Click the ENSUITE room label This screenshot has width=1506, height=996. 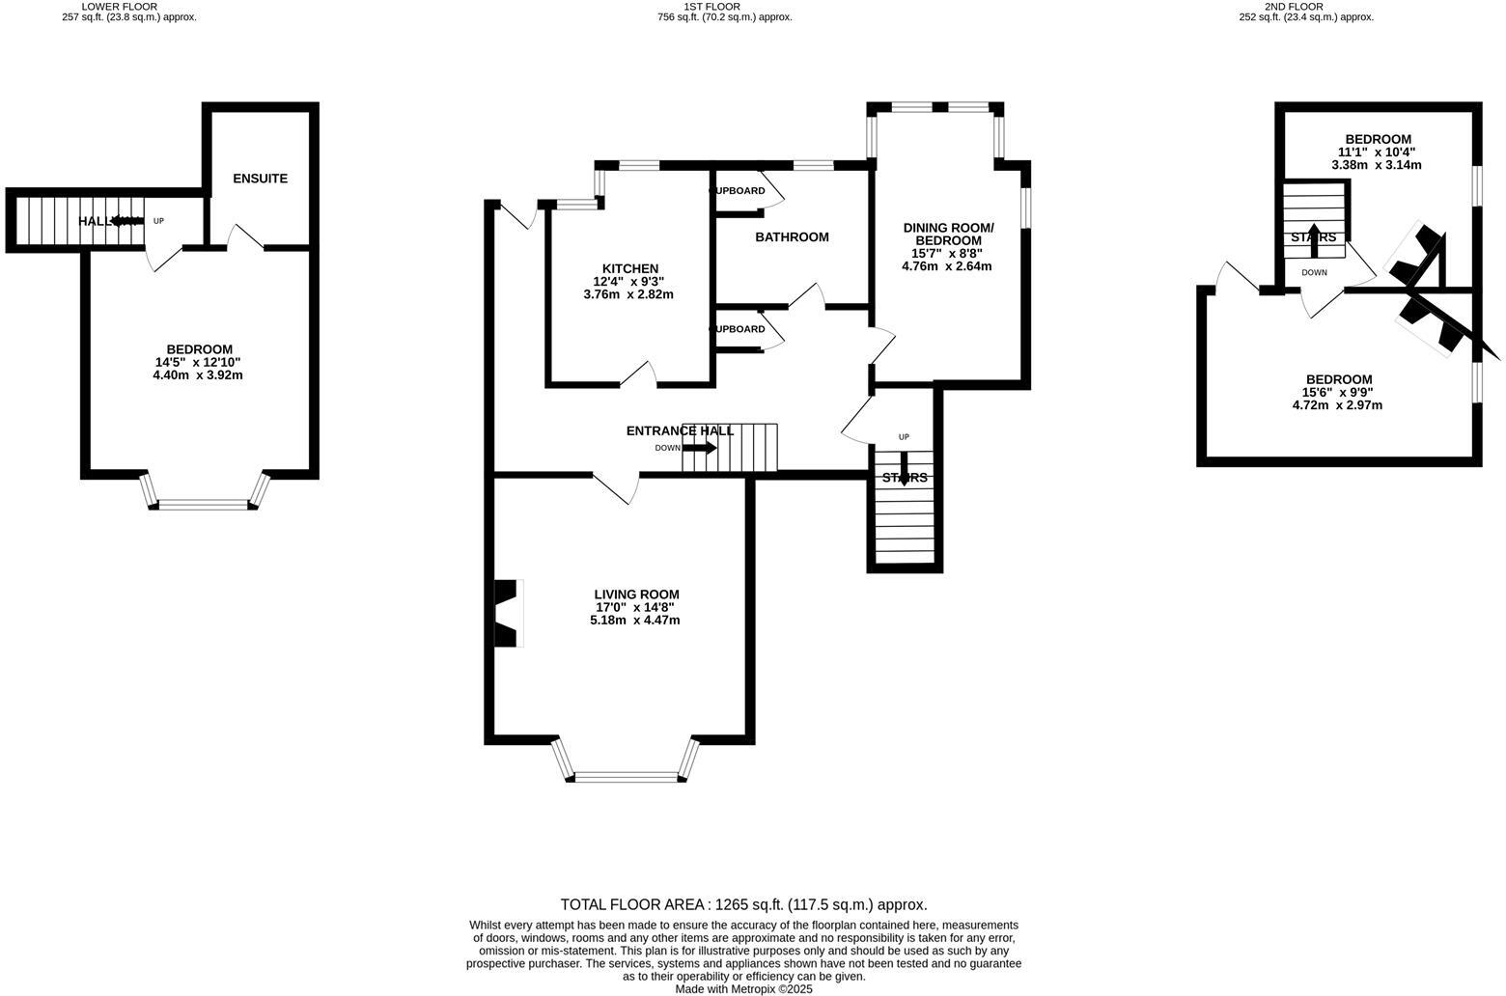point(260,179)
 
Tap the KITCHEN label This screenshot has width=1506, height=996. point(629,268)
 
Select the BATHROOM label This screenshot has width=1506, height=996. point(792,236)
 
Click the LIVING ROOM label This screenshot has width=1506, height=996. point(636,595)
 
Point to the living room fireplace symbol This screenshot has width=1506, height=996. point(507,613)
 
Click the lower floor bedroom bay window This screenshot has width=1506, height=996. point(204,503)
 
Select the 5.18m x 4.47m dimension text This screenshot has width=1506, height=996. point(635,620)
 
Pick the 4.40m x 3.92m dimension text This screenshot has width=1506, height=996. point(198,374)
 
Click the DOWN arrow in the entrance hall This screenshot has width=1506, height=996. point(699,448)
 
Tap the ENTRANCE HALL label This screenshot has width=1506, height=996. point(680,430)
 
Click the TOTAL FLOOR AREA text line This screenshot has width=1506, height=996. point(743,904)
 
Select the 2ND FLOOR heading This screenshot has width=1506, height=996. point(1294,6)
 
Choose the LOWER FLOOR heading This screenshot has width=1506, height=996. point(120,6)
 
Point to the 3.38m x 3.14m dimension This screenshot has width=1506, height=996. point(1376,165)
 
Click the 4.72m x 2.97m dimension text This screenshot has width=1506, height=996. point(1337,405)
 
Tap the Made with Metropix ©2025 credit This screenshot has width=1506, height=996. point(743,988)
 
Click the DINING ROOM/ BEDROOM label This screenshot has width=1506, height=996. point(947,234)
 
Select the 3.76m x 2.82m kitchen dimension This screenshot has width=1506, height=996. point(628,294)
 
